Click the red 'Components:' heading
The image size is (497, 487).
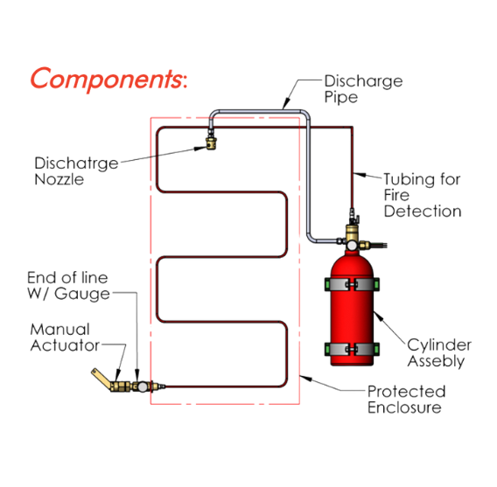(108, 79)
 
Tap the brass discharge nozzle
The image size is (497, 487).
(211, 143)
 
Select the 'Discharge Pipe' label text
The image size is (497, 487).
(363, 88)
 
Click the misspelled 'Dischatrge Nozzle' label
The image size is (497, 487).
(76, 171)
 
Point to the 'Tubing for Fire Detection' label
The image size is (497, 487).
(423, 195)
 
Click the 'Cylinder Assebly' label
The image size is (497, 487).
(439, 352)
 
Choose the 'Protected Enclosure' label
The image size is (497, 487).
(406, 400)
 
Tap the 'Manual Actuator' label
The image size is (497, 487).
(65, 337)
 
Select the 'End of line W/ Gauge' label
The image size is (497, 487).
(68, 286)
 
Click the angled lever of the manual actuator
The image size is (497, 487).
(101, 378)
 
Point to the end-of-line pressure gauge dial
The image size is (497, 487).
(143, 386)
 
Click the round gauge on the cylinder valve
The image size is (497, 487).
(352, 245)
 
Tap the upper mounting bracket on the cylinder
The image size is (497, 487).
(352, 284)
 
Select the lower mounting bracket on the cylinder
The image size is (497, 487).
(352, 349)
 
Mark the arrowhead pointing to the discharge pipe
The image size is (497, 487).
(286, 104)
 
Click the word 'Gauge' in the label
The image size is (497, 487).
(82, 294)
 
